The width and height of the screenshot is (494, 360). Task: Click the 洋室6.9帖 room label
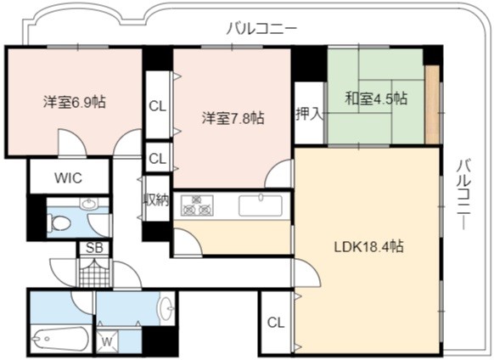click(x=75, y=103)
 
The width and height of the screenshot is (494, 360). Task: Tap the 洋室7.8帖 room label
click(x=233, y=119)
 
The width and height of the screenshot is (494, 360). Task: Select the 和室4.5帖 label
click(x=376, y=98)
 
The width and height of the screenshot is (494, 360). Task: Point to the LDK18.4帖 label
click(x=368, y=246)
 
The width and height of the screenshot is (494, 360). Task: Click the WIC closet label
click(x=69, y=178)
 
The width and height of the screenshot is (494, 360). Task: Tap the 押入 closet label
click(x=310, y=114)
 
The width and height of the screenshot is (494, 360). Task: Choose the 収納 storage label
click(x=156, y=200)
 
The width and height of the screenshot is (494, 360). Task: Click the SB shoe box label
click(x=94, y=248)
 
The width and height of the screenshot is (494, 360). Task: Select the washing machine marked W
click(x=108, y=341)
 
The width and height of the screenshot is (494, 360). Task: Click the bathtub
click(x=60, y=339)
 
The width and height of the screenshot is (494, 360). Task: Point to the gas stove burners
click(x=197, y=205)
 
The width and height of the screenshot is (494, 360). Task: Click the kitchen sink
click(x=261, y=205)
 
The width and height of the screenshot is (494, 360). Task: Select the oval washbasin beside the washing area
click(x=166, y=308)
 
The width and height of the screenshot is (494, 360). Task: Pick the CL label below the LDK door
click(x=276, y=323)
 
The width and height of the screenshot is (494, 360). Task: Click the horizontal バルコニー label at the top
click(x=261, y=29)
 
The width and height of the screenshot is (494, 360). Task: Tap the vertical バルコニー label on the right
click(x=464, y=194)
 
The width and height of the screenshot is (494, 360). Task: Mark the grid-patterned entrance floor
click(x=94, y=273)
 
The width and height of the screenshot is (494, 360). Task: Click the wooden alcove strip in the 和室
click(x=432, y=104)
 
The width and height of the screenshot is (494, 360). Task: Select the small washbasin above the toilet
click(x=89, y=204)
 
